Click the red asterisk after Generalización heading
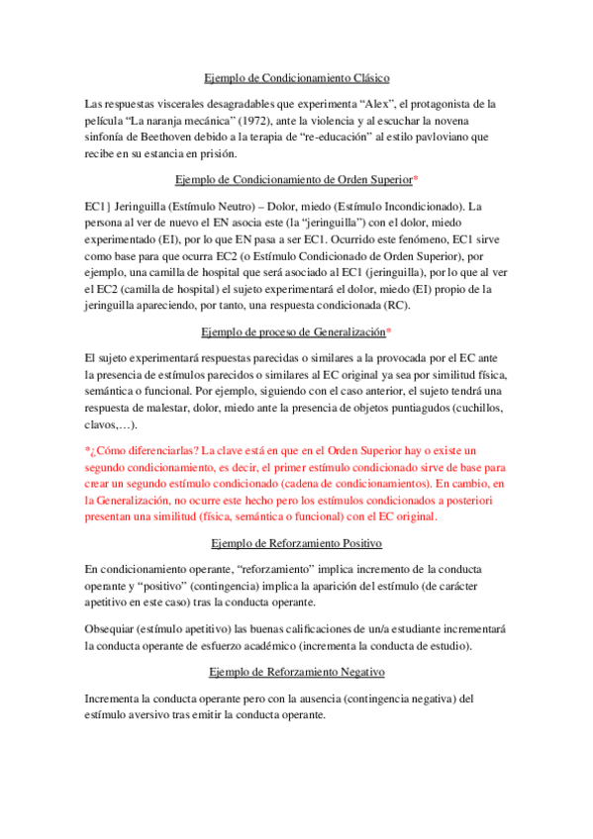(x=389, y=331)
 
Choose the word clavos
(x=104, y=424)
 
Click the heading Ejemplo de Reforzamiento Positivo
(x=297, y=543)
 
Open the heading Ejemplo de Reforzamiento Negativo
(x=297, y=672)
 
